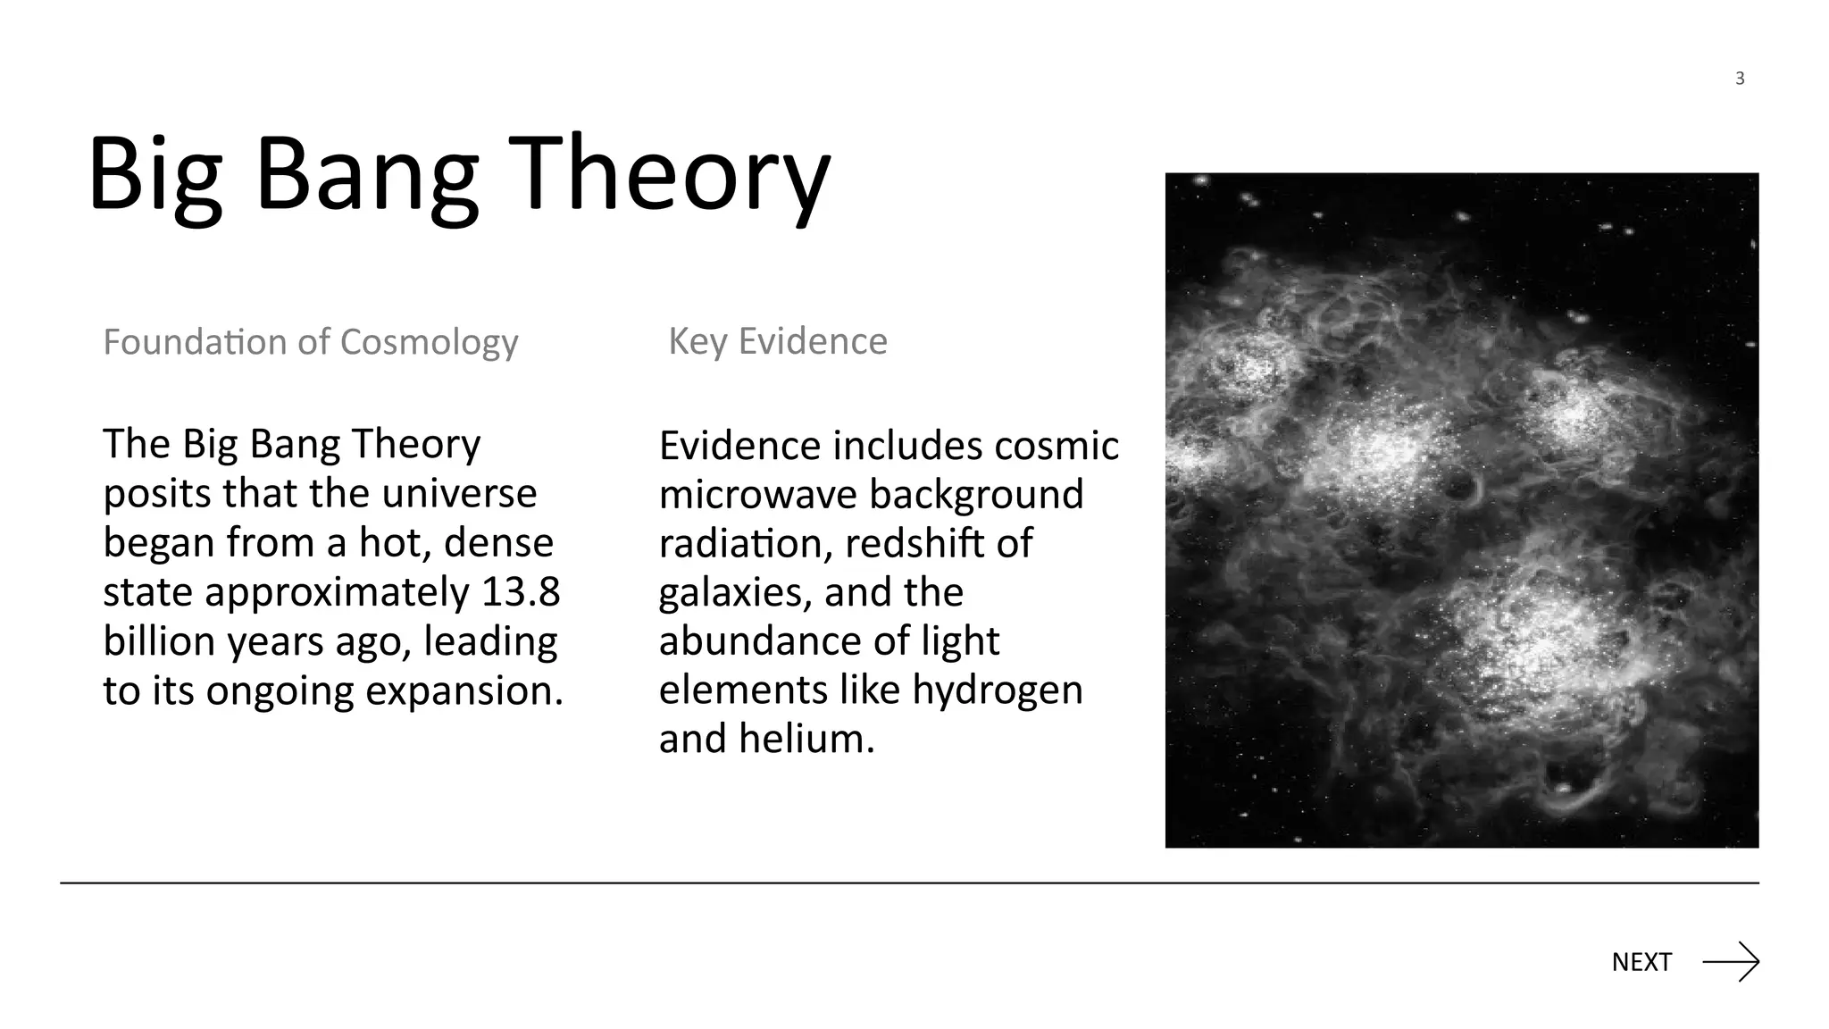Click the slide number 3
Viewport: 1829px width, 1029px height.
click(1740, 79)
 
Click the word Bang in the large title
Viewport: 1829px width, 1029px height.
click(367, 173)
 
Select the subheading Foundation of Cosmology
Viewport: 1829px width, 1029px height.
click(310, 342)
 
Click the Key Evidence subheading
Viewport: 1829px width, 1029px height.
click(778, 341)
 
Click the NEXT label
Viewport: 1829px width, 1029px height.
click(1641, 962)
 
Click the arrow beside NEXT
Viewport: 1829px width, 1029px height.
click(1731, 962)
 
